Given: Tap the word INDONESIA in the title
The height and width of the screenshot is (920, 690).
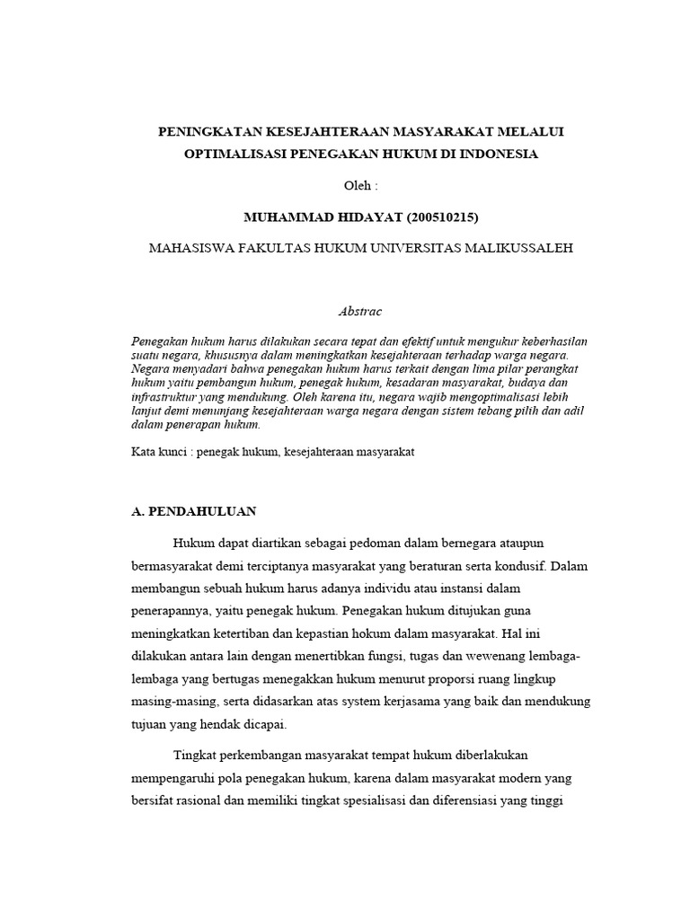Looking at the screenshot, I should click(499, 154).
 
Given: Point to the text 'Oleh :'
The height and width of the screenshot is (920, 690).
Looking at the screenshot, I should click(362, 185).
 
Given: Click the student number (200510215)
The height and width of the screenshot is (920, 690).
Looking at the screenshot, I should click(435, 217).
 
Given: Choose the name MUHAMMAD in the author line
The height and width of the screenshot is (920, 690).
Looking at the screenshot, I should click(285, 217).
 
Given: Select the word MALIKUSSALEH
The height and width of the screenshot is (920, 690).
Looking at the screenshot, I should click(518, 248).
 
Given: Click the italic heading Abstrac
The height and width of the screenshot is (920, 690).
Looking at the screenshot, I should click(360, 311).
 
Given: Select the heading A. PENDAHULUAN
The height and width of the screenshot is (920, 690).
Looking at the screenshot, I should click(194, 511).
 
